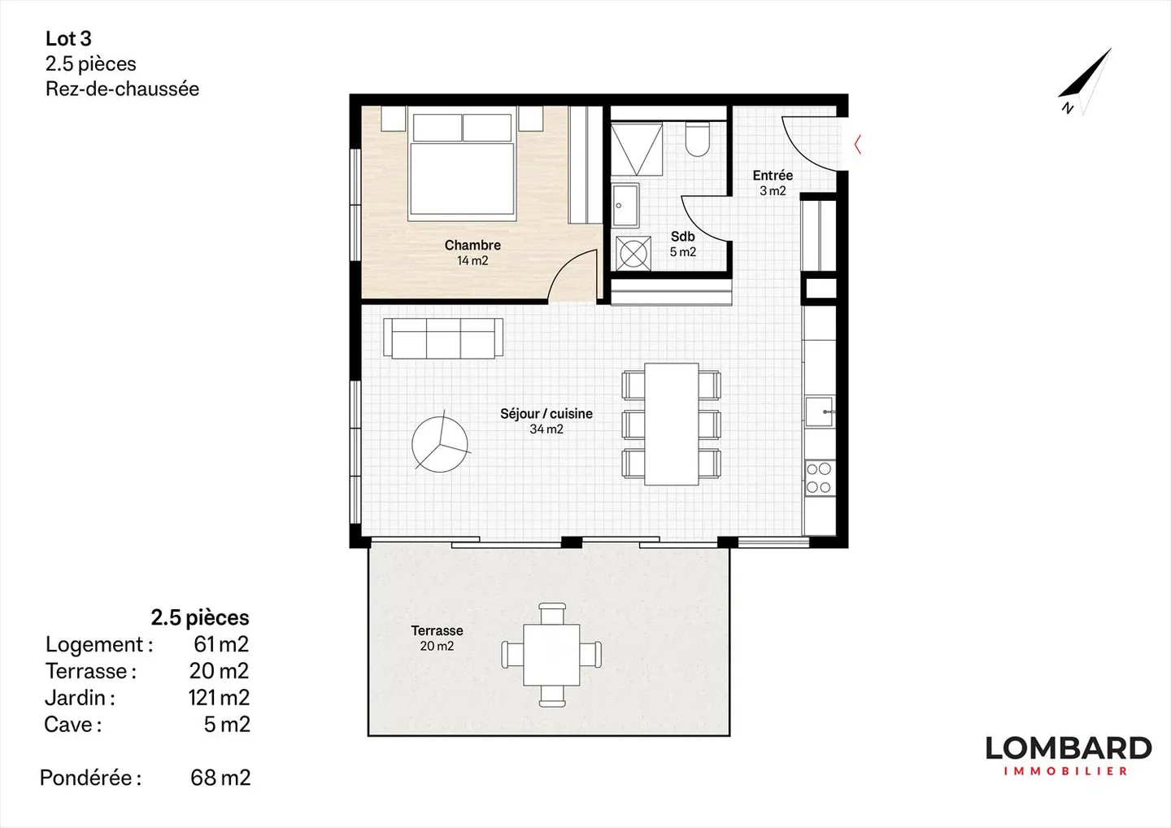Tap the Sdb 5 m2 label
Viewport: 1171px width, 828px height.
682,244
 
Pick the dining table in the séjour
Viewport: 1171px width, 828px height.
671,424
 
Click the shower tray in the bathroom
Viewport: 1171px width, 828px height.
637,149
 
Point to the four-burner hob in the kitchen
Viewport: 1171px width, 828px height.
818,478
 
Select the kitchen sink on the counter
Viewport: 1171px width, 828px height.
819,412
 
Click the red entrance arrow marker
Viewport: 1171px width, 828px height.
857,145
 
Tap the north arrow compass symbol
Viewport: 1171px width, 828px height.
1085,82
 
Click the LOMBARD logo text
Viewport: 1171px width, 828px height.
1068,748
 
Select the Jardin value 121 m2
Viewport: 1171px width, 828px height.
219,698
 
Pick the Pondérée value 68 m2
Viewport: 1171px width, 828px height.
220,778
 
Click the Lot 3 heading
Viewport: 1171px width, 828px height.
68,38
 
